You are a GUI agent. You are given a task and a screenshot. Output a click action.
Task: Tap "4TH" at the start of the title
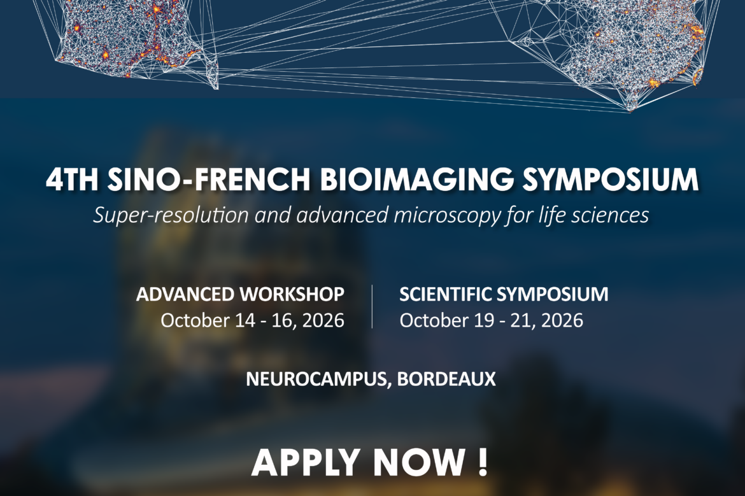pos(72,179)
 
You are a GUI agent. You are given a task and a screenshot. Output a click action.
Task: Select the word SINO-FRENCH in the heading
pos(209,179)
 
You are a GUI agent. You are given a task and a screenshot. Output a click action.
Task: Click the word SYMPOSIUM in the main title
pos(611,179)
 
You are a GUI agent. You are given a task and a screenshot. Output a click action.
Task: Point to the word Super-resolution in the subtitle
pos(171,215)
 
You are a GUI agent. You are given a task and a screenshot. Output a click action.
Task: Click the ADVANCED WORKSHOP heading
pos(240,295)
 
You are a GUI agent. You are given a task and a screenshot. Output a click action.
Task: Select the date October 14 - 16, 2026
pos(252,321)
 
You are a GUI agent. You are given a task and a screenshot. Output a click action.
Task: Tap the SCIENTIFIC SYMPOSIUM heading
pos(504,295)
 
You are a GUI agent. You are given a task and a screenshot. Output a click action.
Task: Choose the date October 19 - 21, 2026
pos(492,321)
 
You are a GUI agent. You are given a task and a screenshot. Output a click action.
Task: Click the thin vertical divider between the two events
pos(372,306)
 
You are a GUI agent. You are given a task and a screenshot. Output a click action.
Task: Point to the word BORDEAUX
pos(446,379)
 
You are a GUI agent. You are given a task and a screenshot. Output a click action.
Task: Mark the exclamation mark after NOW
pos(483,462)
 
